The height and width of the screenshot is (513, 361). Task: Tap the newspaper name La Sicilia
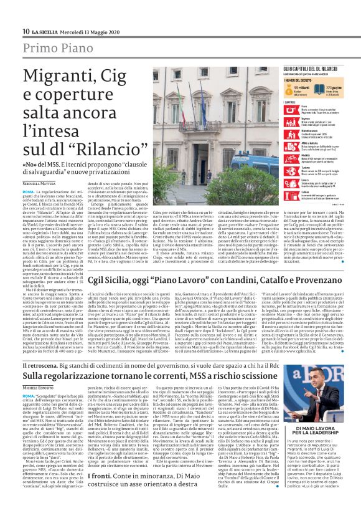click(x=49, y=31)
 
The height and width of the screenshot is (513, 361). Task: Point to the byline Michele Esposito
click(x=39, y=388)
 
